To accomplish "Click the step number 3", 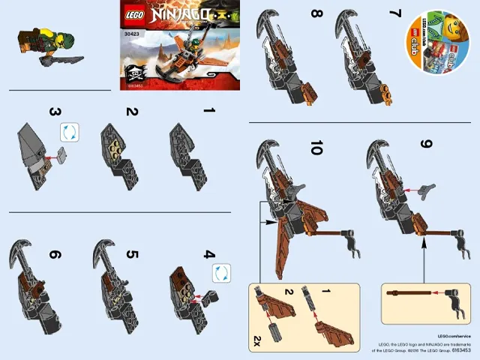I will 55,112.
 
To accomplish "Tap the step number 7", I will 394,13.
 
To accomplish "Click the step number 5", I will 132,254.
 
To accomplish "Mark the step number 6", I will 55,254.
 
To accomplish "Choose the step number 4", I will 209,254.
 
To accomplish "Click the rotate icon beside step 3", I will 69,132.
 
